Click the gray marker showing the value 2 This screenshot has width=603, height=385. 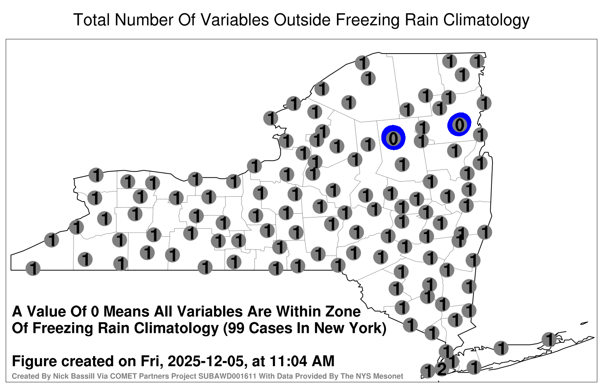442,368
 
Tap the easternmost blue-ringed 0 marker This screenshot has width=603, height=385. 459,124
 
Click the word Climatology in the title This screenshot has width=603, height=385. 486,20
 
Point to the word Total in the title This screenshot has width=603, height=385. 92,20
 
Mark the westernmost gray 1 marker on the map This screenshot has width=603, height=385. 33,268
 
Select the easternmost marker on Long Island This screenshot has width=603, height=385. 549,339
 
